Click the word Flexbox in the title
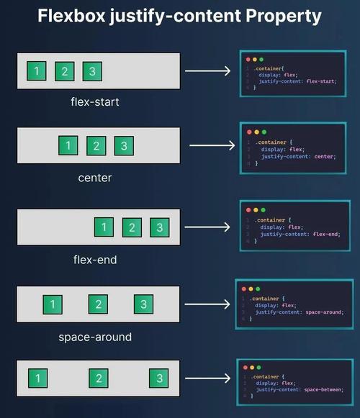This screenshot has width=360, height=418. click(x=71, y=16)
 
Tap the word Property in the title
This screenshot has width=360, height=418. click(x=284, y=17)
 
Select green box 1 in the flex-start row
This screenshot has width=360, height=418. click(x=37, y=71)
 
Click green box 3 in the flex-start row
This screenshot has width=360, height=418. click(x=92, y=71)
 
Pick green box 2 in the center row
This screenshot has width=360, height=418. click(x=96, y=145)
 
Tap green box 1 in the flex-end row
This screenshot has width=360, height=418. click(x=104, y=227)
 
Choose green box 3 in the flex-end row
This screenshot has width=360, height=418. click(x=160, y=227)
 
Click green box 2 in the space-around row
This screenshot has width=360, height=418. click(x=98, y=304)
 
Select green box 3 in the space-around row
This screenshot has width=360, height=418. click(x=143, y=304)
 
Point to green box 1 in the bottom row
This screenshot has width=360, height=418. click(x=38, y=378)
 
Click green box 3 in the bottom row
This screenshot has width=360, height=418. click(x=159, y=378)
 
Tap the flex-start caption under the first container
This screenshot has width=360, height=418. click(x=95, y=102)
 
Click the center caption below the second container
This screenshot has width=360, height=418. click(x=95, y=178)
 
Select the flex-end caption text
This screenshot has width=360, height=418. click(x=95, y=260)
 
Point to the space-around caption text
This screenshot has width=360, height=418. click(x=95, y=337)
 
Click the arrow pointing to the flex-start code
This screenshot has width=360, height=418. click(x=207, y=71)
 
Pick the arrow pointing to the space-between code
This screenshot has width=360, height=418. click(x=207, y=378)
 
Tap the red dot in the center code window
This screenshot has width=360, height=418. click(x=249, y=132)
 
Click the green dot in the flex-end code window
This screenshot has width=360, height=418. click(x=263, y=210)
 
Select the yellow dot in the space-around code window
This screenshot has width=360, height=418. click(x=251, y=289)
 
